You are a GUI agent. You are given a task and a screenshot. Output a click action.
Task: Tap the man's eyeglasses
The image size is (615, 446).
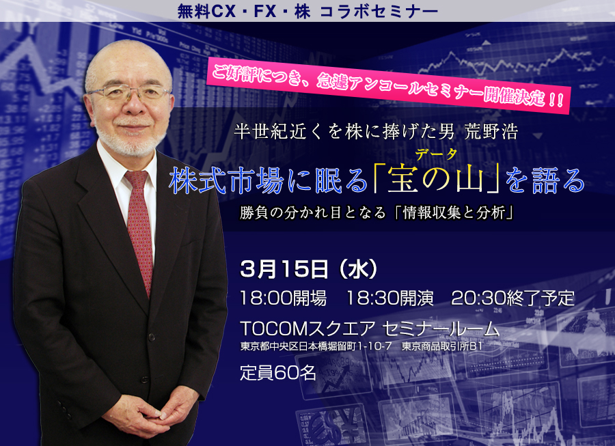click(x=128, y=93)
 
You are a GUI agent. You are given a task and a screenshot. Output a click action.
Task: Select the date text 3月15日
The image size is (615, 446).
click(x=284, y=269)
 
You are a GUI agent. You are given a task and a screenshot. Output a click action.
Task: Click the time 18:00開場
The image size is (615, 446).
click(x=283, y=298)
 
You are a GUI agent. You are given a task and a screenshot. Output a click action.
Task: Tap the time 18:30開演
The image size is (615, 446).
click(x=390, y=298)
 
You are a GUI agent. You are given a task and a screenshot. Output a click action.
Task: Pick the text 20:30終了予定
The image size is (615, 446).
click(x=513, y=298)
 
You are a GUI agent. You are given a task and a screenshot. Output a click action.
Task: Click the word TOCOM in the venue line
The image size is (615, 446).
click(x=273, y=329)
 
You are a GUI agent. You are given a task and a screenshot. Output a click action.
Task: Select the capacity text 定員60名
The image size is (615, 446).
click(x=278, y=373)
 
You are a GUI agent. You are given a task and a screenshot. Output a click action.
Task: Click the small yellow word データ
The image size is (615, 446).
click(x=436, y=154)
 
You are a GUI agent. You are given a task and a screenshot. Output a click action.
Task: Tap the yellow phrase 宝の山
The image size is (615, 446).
click(x=436, y=181)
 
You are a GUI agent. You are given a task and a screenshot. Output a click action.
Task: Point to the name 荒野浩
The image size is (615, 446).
click(x=491, y=131)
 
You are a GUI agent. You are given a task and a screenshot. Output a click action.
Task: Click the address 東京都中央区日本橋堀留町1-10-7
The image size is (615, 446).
click(x=316, y=346)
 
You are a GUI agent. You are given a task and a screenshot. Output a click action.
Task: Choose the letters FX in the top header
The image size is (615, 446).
click(x=265, y=12)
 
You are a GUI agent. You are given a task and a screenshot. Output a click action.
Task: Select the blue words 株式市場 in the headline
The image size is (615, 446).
click(x=226, y=181)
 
